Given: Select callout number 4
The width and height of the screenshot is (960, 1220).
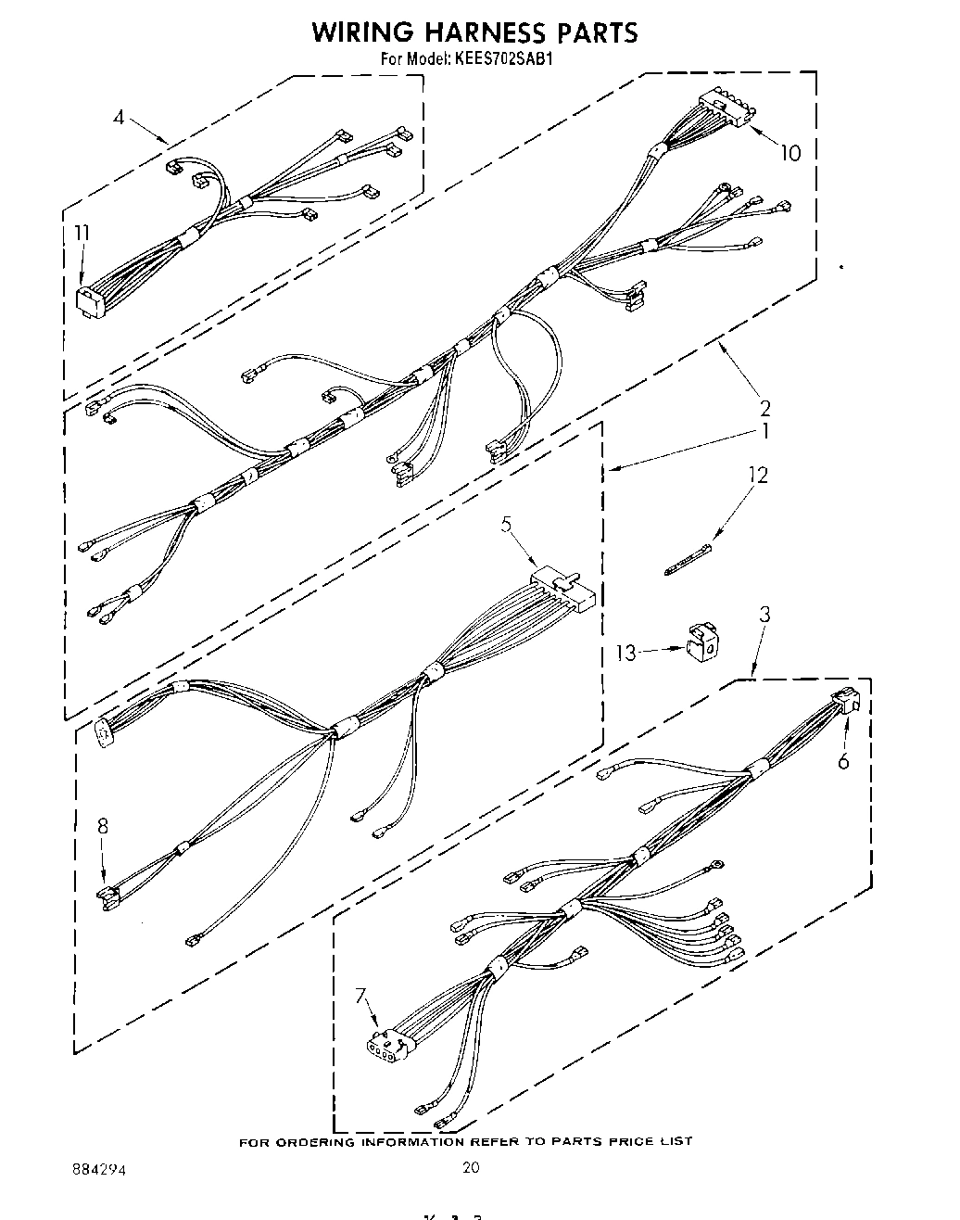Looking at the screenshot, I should (119, 117).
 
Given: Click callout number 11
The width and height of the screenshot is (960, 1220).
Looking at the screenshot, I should (82, 233).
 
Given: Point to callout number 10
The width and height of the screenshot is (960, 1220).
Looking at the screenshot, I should (790, 152).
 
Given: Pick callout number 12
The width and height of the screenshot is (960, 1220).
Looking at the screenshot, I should (758, 475).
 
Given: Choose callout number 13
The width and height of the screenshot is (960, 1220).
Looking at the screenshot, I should (627, 653).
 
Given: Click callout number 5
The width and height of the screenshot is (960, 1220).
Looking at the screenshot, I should (507, 524).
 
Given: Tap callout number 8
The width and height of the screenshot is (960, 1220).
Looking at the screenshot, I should (102, 826).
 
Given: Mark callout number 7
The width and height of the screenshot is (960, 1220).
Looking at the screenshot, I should (360, 996).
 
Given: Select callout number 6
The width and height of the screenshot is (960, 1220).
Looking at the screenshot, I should (842, 761).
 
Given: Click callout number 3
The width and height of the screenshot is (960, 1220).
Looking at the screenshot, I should (764, 614).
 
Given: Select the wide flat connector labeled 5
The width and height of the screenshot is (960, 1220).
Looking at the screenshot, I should (562, 591).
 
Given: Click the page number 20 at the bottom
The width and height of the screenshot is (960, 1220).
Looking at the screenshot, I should (471, 1167).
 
